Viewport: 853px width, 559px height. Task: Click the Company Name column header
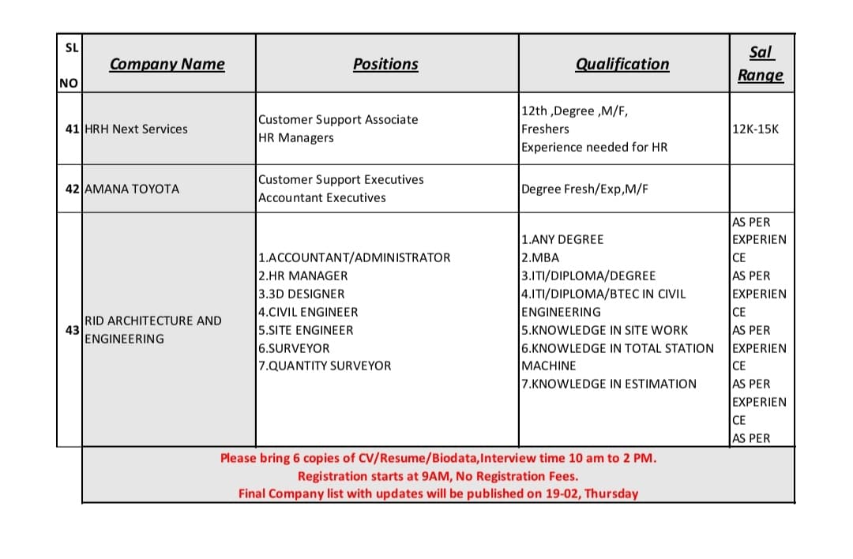[167, 64]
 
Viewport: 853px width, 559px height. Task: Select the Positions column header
[385, 64]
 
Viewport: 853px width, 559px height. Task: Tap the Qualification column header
[622, 64]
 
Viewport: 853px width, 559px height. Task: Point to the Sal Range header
[761, 63]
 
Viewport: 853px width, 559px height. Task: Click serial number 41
[71, 129]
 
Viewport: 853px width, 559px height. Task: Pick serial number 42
[71, 189]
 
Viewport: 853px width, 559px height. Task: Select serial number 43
[71, 329]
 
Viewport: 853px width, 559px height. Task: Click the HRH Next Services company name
[136, 129]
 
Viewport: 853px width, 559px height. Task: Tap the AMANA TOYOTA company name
[132, 189]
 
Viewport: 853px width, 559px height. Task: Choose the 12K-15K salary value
[756, 129]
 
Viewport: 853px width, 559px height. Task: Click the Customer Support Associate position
[338, 119]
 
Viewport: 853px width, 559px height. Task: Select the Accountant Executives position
[322, 197]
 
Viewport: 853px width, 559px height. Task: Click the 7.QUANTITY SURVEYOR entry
[325, 366]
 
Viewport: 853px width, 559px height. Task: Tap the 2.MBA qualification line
[540, 257]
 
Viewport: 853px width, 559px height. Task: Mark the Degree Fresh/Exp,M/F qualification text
[585, 189]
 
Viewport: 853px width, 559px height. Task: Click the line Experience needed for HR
[594, 147]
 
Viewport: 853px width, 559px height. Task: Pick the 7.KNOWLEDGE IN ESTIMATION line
[609, 384]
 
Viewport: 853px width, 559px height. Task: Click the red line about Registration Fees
[438, 476]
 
